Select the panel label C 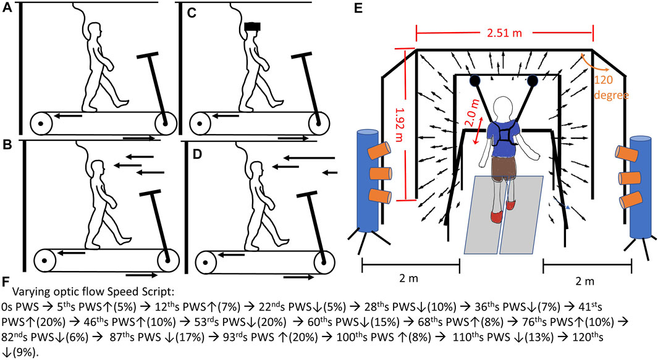[x=191, y=15]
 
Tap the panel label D [x=191, y=149]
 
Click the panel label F [x=6, y=281]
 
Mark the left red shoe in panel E [x=496, y=216]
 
